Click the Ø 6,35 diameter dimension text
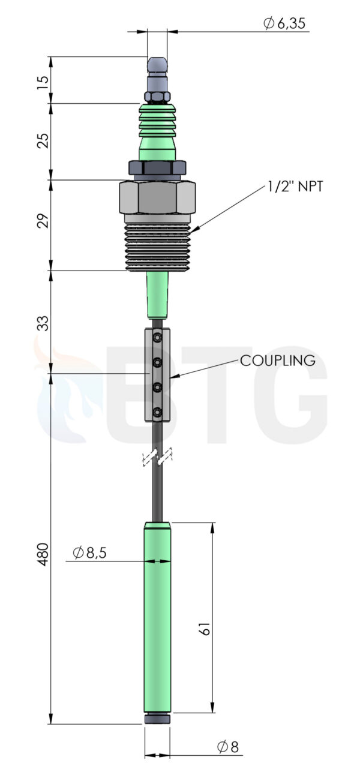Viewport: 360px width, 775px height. point(284,23)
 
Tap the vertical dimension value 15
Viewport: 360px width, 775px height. point(43,83)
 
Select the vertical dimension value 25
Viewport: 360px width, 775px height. point(43,140)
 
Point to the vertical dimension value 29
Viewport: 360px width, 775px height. point(43,221)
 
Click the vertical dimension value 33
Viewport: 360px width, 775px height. point(43,323)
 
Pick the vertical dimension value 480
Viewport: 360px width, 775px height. point(43,554)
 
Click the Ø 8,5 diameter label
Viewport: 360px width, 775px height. point(89,552)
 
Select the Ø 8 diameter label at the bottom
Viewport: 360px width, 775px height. point(228,746)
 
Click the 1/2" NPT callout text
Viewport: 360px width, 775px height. point(295,187)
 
